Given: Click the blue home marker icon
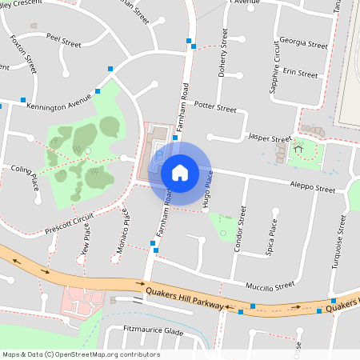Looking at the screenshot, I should (180, 172).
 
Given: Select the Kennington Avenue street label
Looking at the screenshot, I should (59, 106).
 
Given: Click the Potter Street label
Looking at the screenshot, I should (216, 107).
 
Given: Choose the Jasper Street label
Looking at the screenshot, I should (270, 138).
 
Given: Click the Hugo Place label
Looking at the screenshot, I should (208, 189).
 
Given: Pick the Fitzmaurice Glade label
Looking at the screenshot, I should (154, 330).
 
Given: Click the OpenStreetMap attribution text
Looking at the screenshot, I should (81, 354).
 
